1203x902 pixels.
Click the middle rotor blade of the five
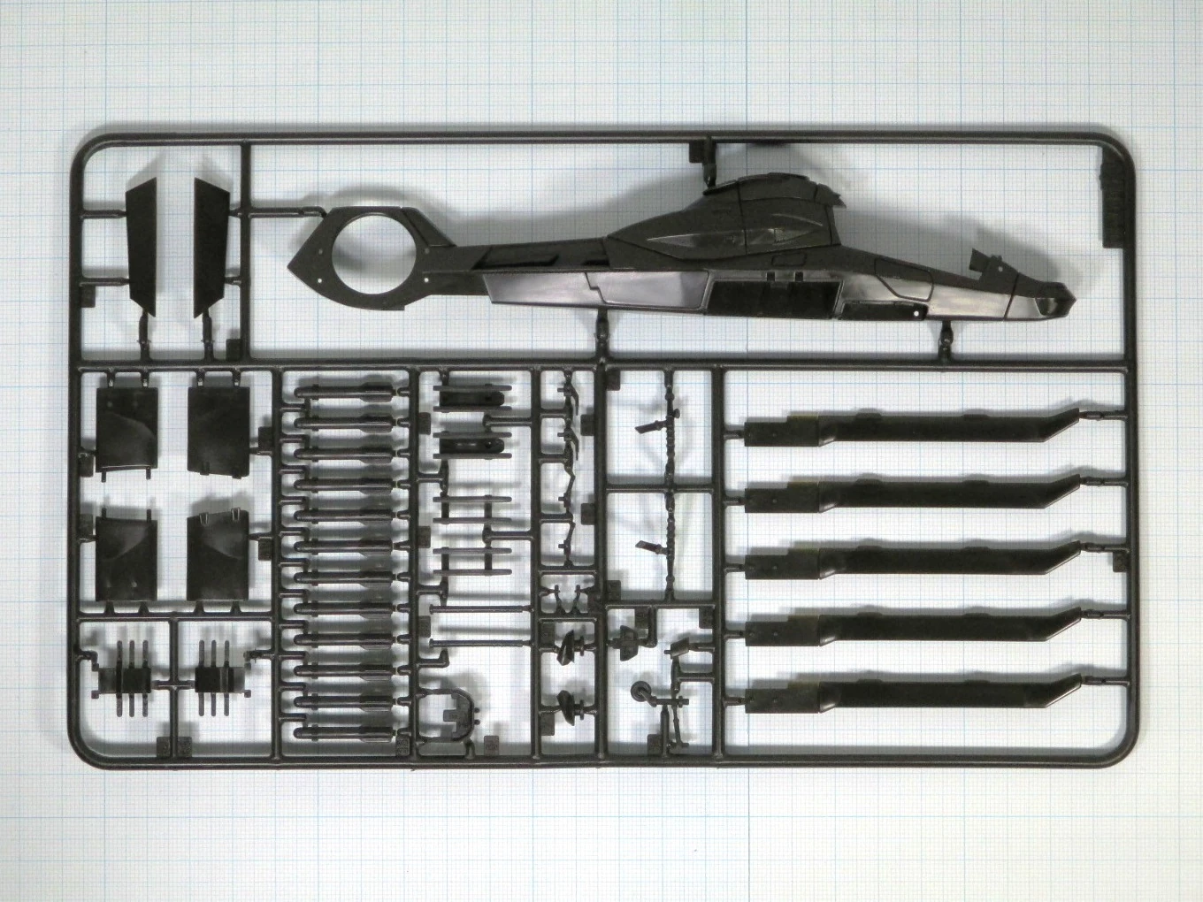[911, 562]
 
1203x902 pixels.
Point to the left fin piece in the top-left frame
[142, 243]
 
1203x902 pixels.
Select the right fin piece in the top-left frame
[211, 243]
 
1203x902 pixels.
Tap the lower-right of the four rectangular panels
[217, 557]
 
